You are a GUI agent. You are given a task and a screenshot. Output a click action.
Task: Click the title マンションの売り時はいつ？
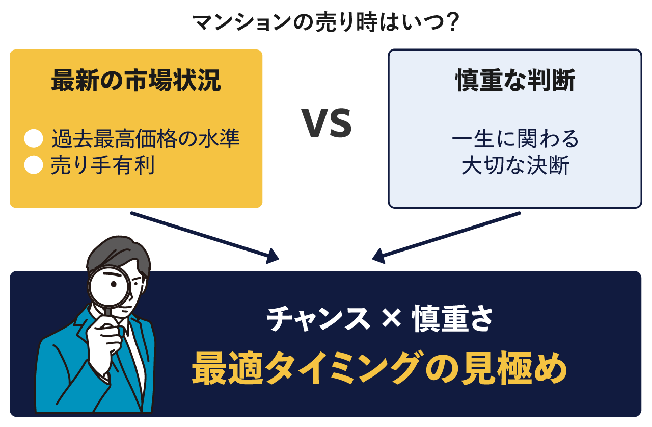pos(325,22)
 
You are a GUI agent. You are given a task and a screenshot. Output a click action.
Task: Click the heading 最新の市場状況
pos(136,81)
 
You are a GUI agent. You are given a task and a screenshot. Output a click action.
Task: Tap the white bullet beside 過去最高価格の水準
pos(34,138)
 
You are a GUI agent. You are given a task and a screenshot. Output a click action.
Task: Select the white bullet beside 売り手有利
pos(34,165)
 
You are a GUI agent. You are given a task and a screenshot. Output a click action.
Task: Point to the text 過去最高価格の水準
pos(146,138)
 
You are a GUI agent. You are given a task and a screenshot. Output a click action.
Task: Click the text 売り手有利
pos(103,165)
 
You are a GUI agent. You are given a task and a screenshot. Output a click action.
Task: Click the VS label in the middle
pos(327,123)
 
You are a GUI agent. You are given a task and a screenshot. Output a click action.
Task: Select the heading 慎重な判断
pos(515,81)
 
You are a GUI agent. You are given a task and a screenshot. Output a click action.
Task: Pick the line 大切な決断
pos(515,165)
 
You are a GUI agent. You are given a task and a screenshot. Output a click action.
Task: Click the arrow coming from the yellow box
pos(205,238)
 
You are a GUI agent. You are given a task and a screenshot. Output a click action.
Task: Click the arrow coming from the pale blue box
pos(446,238)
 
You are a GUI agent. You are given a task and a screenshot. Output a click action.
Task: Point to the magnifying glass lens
pos(110,286)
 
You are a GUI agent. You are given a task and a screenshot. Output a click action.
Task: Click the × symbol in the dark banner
pos(391,318)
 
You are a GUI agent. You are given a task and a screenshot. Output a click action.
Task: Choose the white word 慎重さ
pos(453,318)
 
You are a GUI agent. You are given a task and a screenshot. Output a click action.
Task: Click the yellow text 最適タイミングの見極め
pos(379,368)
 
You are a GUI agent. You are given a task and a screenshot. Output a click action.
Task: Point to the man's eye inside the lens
pos(114,284)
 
